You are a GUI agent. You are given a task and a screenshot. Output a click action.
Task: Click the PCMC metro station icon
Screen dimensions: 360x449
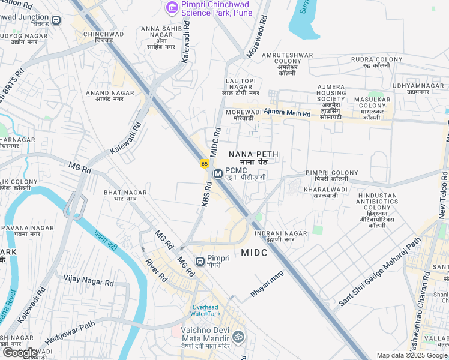(217, 173)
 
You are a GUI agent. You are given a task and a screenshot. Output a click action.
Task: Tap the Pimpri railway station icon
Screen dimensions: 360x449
(200, 261)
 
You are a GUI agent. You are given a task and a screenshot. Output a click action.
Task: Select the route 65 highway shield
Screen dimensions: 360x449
(205, 163)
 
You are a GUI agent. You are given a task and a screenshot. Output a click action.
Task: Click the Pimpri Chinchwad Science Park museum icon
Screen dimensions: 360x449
(172, 7)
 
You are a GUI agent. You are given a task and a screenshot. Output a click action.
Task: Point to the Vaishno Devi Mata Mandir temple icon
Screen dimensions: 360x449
(238, 336)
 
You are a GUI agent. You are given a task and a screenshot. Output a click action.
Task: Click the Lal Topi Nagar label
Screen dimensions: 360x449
(240, 87)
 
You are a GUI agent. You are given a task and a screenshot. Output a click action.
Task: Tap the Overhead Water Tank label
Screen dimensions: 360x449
(206, 309)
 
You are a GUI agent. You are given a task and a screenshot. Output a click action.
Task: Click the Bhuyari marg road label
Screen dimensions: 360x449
(266, 284)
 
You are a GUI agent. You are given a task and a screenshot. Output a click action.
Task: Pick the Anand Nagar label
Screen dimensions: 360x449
(106, 96)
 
